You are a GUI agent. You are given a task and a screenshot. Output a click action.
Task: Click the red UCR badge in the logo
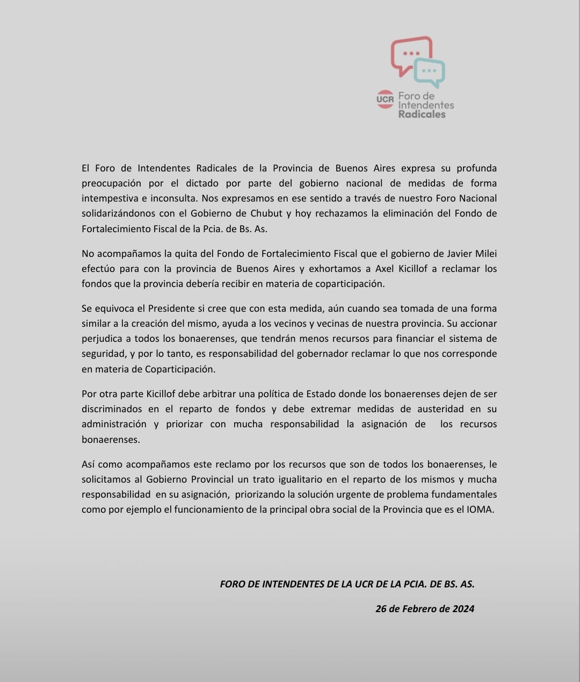[x=385, y=99]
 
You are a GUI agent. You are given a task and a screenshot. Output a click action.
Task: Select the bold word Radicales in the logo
[x=422, y=114]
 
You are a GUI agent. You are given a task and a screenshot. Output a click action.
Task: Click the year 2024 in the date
[x=463, y=608]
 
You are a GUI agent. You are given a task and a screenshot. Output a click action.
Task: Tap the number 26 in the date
[x=381, y=608]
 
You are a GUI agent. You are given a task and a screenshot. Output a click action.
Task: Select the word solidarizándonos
[x=121, y=213]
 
